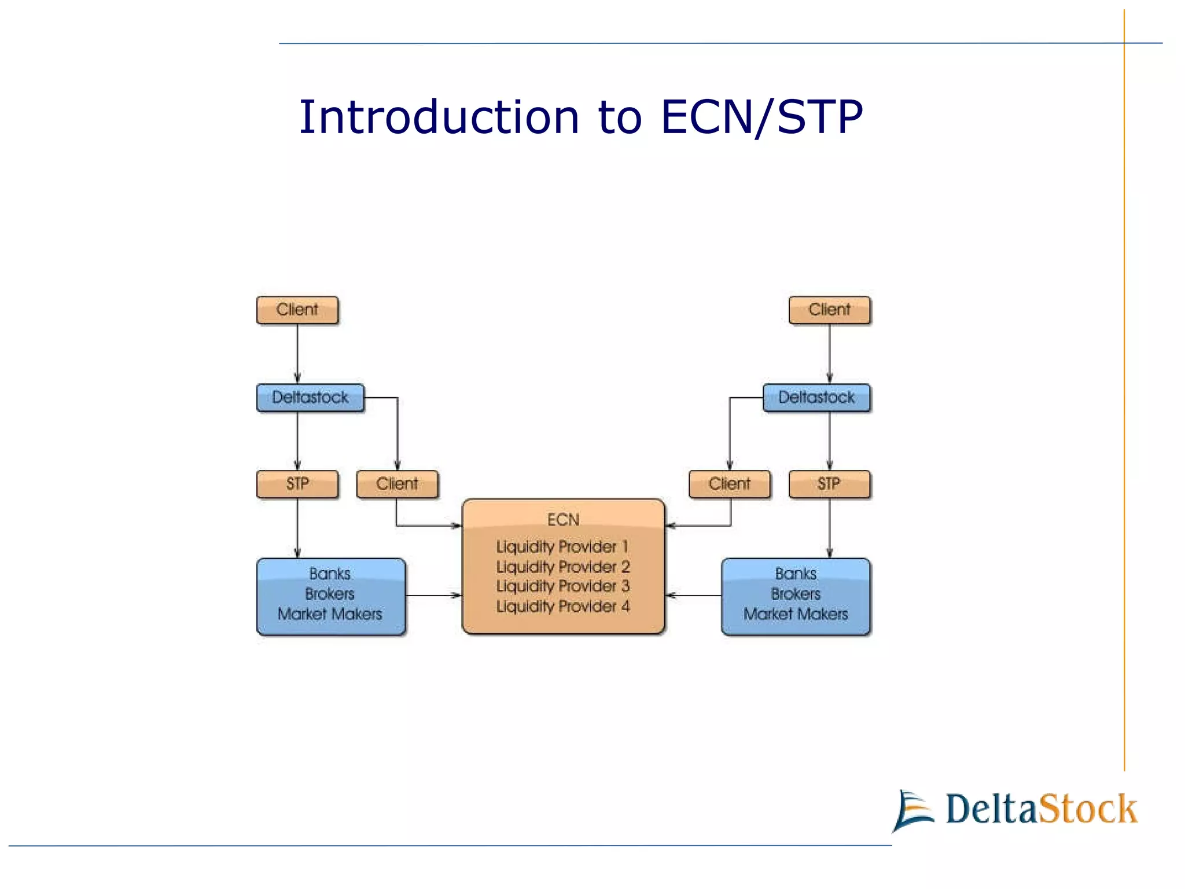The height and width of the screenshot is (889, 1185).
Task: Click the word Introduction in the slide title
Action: (439, 117)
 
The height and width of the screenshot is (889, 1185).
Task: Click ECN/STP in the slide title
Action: (761, 117)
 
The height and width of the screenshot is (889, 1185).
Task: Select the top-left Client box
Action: (297, 310)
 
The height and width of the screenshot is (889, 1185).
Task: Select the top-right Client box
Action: (829, 310)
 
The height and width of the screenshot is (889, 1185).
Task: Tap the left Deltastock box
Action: (310, 398)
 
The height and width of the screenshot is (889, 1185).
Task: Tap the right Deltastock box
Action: (816, 398)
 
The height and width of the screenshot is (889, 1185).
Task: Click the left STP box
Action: (297, 484)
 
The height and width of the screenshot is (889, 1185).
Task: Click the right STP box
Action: (829, 484)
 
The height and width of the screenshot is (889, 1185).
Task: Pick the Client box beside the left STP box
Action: (397, 484)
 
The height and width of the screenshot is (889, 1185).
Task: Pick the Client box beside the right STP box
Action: (729, 484)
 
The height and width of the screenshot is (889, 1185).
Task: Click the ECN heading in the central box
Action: (563, 520)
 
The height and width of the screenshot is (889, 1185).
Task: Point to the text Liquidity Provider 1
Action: (562, 547)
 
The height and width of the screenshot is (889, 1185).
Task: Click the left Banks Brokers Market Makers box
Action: (330, 596)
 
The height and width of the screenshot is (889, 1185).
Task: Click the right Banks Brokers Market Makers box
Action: (796, 596)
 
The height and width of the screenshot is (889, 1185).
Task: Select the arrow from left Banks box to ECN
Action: (433, 595)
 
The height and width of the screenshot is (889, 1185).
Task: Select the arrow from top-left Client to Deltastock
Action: (297, 353)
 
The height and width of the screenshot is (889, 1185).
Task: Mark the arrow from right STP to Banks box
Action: (829, 528)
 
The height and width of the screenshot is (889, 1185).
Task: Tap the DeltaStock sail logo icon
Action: (912, 810)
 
